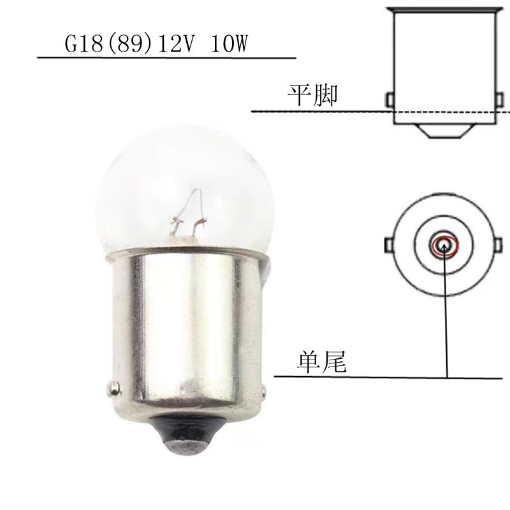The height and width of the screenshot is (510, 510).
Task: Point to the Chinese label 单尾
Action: point(321,362)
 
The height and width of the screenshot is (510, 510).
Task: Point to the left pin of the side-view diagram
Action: point(391,100)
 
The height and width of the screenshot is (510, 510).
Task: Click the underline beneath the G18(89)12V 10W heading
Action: point(166,58)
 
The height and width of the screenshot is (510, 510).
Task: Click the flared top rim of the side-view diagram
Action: point(446,11)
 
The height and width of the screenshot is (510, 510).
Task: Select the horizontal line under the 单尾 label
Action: point(382,376)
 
